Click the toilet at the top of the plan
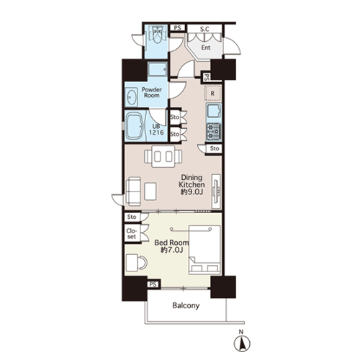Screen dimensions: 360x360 click(158, 35)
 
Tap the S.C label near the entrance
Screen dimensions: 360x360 click(204, 30)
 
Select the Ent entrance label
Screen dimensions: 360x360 click(206, 48)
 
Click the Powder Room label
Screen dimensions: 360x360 click(152, 92)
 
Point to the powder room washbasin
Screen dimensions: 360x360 click(132, 97)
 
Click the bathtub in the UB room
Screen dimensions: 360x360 click(135, 126)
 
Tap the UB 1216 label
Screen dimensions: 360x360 click(156, 130)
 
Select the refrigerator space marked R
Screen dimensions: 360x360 click(212, 93)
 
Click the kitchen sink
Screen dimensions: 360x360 click(214, 111)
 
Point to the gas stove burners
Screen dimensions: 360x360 click(214, 132)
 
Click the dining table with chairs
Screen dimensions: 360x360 click(163, 156)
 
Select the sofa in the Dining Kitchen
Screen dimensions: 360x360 click(133, 192)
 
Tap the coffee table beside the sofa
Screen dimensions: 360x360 click(150, 192)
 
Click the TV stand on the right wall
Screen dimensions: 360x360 click(216, 192)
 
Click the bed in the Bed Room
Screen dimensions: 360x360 click(204, 250)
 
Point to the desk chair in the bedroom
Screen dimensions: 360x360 click(143, 263)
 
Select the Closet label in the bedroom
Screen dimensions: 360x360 click(132, 234)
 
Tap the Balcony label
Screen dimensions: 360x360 click(186, 305)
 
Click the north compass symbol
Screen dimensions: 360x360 click(242, 343)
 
